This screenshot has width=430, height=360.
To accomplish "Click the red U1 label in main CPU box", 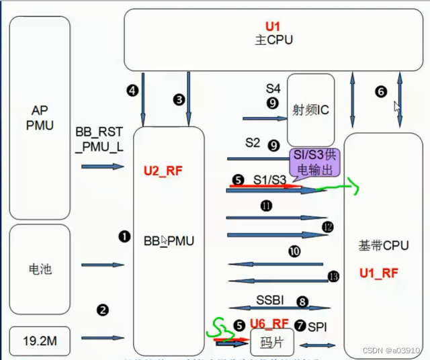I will (x=271, y=27).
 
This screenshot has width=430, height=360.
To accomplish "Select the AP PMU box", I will (x=40, y=118).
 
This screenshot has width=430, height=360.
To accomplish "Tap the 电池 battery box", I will (x=40, y=269).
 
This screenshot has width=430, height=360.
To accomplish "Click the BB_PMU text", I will (x=169, y=240).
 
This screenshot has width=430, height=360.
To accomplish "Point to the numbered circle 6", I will (x=381, y=92).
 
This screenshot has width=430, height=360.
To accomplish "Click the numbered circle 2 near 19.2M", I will (x=103, y=310).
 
